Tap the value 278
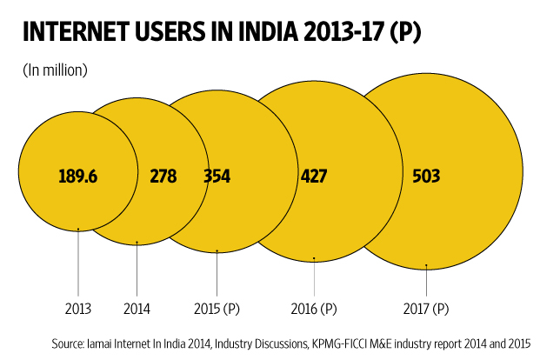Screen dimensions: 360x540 tap(163, 177)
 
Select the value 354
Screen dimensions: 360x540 tap(217, 177)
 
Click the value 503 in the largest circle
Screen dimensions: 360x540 tap(426, 177)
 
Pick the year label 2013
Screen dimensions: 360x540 tap(77, 308)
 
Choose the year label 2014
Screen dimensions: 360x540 tap(137, 308)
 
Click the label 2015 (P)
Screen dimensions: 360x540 tap(217, 308)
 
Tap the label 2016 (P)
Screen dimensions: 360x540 tap(313, 308)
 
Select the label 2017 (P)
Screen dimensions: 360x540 tap(427, 308)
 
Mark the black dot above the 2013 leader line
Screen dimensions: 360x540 tap(78, 230)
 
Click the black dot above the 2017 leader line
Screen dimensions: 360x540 tap(427, 265)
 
